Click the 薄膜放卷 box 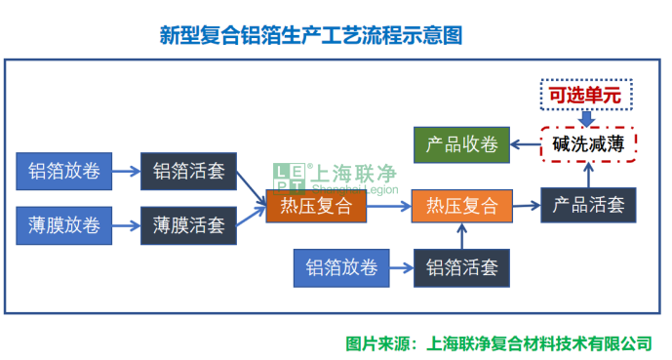pos(64,226)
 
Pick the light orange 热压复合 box pos(462,207)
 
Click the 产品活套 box pos(588,206)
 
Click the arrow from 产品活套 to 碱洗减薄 pos(588,175)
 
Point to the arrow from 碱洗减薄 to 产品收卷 pos(526,145)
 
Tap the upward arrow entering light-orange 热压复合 pos(462,237)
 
